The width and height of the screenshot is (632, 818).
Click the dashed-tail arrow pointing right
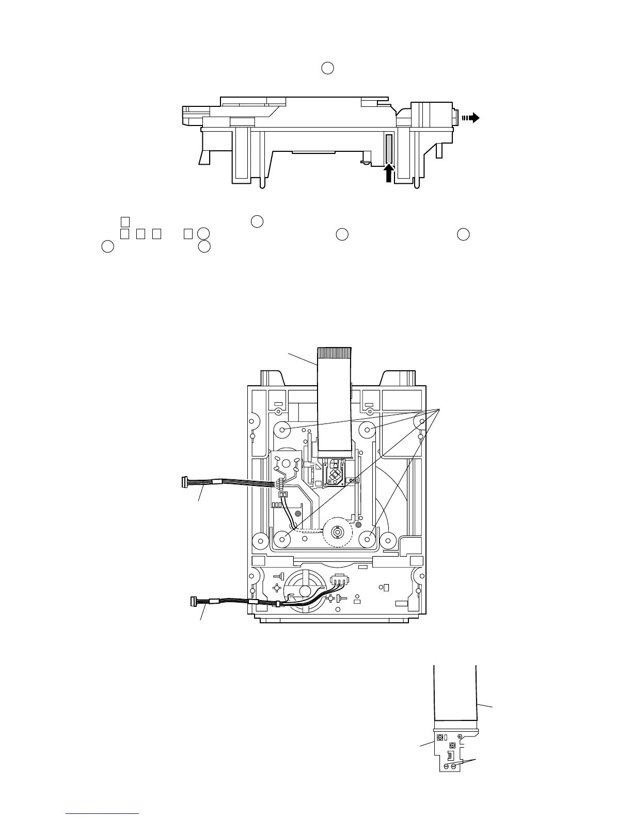point(471,118)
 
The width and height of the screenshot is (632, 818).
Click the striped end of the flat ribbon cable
point(334,353)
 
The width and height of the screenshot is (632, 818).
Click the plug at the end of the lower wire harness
point(194,601)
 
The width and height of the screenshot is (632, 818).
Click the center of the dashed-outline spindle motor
point(337,531)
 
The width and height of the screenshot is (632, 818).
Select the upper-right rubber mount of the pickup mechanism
point(367,429)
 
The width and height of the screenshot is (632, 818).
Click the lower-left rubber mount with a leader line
point(282,540)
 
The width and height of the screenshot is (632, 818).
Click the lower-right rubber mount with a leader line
point(367,540)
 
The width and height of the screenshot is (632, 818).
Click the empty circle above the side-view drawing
point(327,68)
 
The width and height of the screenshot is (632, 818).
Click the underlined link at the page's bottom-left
point(102,814)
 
